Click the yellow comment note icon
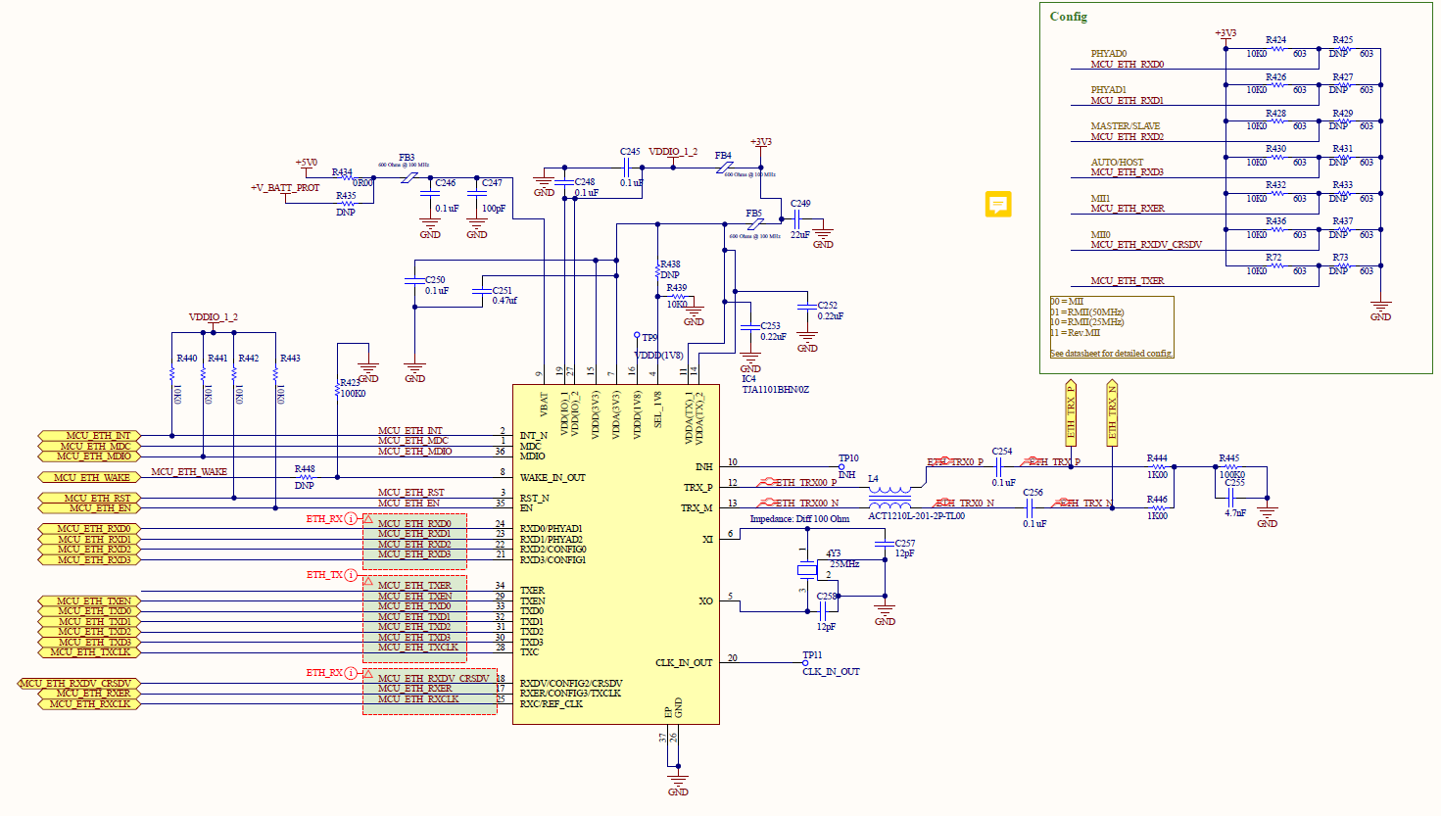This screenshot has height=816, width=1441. click(997, 204)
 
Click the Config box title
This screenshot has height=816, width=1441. click(1068, 17)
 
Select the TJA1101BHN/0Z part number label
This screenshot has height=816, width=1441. click(775, 390)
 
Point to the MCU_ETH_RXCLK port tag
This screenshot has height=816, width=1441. click(89, 703)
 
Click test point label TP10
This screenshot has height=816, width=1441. click(848, 458)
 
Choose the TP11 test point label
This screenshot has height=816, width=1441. click(812, 654)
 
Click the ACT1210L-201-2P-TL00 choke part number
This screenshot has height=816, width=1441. click(916, 516)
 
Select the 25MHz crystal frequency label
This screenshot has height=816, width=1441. click(844, 564)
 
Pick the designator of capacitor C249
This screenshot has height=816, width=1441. click(800, 204)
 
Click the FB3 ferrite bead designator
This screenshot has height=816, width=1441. click(407, 157)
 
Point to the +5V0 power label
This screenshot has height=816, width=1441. click(306, 163)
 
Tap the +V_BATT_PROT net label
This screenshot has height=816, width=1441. click(285, 187)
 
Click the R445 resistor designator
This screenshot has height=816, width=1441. click(1228, 458)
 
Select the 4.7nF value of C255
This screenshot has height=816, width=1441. click(1234, 512)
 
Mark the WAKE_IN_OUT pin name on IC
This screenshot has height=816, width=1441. click(552, 478)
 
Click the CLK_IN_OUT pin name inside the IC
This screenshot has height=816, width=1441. click(684, 663)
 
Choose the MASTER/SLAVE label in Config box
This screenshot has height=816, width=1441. click(1125, 126)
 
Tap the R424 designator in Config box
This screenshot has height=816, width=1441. click(1275, 40)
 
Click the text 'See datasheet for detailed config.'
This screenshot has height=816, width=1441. click(1112, 353)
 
